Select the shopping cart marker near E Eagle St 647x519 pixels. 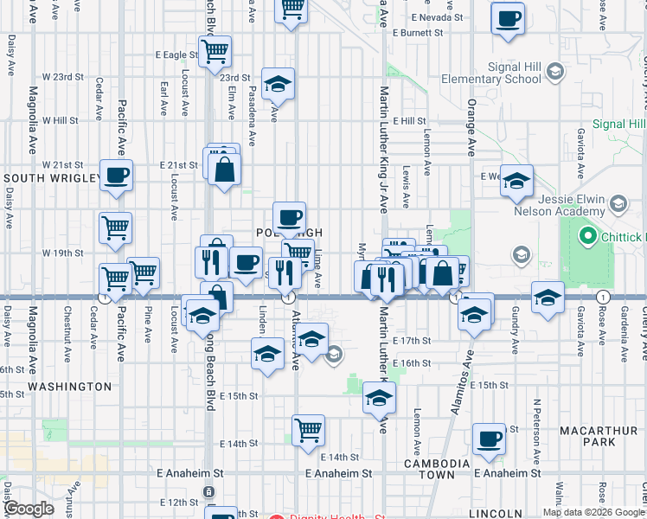215,49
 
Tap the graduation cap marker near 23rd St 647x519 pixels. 278,83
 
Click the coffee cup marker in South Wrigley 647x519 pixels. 116,175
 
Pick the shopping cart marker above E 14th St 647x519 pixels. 308,429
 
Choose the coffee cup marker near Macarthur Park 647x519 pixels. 489,439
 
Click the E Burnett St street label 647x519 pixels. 417,33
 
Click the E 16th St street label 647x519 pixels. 411,363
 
